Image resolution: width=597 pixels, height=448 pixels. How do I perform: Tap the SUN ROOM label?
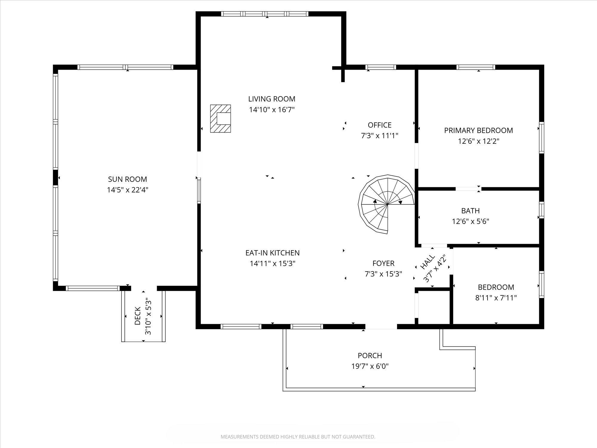pos(127,179)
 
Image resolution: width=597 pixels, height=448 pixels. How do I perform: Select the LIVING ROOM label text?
pos(272,99)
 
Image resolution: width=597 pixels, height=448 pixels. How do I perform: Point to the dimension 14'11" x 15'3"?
pos(273,264)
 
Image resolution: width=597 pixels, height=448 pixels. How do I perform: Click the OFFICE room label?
pos(380,125)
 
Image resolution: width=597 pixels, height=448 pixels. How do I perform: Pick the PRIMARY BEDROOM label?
pos(478,130)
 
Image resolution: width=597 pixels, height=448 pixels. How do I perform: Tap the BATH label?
pos(470,211)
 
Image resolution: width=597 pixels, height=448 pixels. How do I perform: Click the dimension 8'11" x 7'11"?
pos(496,298)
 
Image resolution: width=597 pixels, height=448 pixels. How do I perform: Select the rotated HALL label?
pos(427,263)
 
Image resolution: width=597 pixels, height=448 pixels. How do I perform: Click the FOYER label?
pos(383,263)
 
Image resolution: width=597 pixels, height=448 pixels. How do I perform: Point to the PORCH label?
pos(370,355)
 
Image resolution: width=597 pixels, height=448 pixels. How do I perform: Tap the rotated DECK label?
pos(138,316)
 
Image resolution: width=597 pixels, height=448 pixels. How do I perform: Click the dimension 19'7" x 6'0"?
pos(370,366)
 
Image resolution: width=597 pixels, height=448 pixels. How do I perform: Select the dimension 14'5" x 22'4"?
pos(127,190)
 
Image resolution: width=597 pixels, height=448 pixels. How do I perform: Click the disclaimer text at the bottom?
pos(298,437)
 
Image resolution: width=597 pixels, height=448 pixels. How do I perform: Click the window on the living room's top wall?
pos(264,14)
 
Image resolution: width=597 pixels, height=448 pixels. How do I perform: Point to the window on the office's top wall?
pos(381,67)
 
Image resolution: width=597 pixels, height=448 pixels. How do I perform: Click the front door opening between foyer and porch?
pos(381,327)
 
